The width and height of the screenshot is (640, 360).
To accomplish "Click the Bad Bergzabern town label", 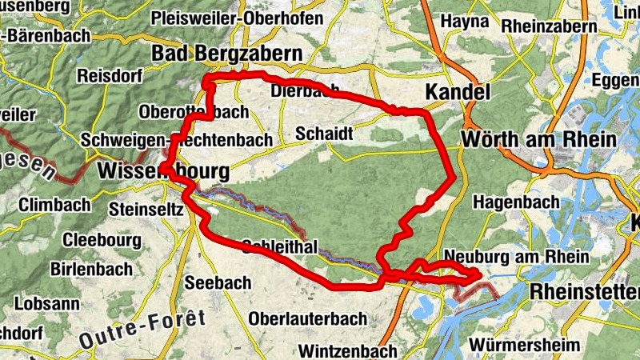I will (x=227, y=54).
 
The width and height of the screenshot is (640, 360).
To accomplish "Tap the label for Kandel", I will (x=457, y=92).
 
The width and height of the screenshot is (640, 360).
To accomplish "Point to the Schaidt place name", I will (x=324, y=133).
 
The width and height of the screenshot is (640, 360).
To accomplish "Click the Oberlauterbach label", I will (x=308, y=318).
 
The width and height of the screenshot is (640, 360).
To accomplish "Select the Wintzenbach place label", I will (x=347, y=350).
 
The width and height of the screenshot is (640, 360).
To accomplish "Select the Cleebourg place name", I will (x=102, y=239).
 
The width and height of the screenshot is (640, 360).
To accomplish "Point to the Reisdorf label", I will (x=110, y=77).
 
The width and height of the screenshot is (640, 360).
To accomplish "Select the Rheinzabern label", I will (x=549, y=26).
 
